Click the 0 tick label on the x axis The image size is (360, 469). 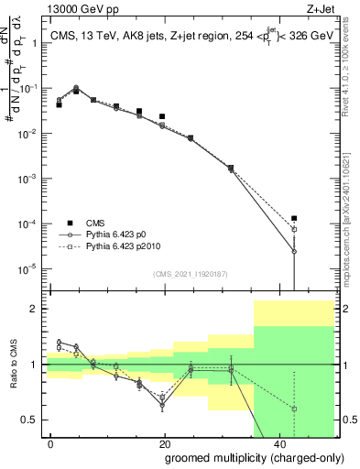pyautogui.click(x=51, y=442)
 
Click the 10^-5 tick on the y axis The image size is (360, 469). pyautogui.click(x=28, y=268)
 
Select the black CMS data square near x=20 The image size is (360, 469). pyautogui.click(x=162, y=116)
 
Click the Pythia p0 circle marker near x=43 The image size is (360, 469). pyautogui.click(x=294, y=251)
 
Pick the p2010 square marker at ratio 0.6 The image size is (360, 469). pyautogui.click(x=294, y=409)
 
